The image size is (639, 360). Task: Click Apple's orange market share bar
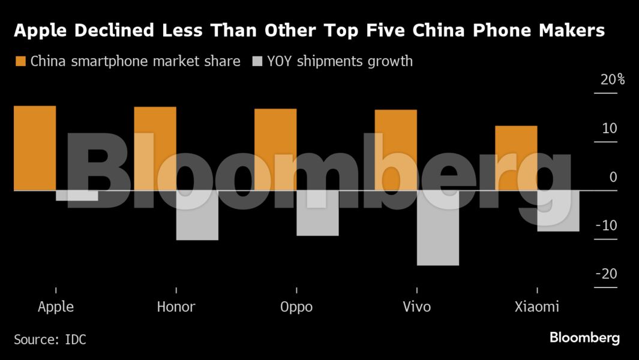[x=35, y=148]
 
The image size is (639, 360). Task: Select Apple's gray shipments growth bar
[x=77, y=196]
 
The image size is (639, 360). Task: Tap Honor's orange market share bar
[x=155, y=148]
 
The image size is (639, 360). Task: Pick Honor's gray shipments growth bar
[x=197, y=215]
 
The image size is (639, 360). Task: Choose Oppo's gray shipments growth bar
[x=317, y=213]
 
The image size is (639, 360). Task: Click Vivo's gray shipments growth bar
[x=437, y=227]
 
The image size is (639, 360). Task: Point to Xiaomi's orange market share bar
[x=516, y=158]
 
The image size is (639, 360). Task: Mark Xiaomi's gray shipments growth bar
[x=558, y=211]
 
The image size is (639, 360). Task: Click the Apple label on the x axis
[x=56, y=307]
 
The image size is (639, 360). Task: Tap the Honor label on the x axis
[x=176, y=307]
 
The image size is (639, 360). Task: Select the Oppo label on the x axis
[x=296, y=307]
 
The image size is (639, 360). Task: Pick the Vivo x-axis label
[x=416, y=307]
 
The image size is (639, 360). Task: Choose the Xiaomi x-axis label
[x=537, y=307]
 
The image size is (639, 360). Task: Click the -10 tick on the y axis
[x=606, y=226]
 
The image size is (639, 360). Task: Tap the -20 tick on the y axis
[x=606, y=274]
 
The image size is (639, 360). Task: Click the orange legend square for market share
[x=20, y=61]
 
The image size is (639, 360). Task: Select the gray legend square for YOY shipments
[x=257, y=61]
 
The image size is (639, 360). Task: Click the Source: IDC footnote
[x=50, y=340]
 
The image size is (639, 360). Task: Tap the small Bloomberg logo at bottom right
[x=584, y=338]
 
